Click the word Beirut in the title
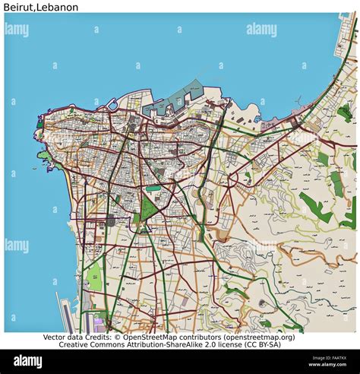(17, 7)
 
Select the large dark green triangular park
(149, 209)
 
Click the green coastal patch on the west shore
(47, 158)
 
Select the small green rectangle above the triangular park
(153, 188)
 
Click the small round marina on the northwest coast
(112, 104)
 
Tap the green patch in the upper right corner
(345, 113)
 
